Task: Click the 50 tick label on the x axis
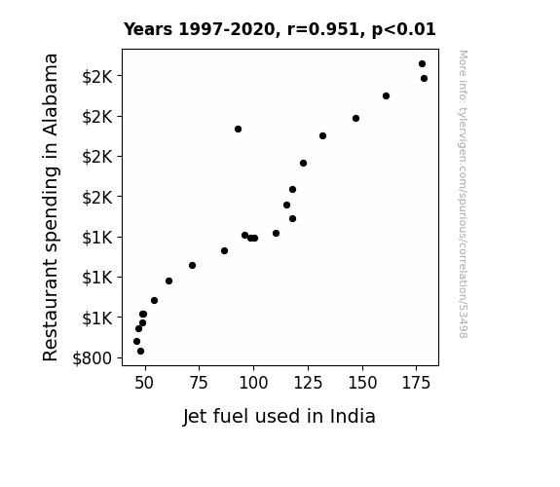coord(144,383)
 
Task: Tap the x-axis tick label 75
coord(199,383)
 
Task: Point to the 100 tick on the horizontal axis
coord(253,383)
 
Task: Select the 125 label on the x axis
coord(308,383)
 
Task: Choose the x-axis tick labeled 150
coord(362,383)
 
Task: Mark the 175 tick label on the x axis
coord(417,383)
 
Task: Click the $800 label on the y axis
coord(93,358)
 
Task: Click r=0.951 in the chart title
coord(323,29)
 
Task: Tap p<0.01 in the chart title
coord(404,30)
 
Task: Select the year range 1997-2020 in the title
coord(227,29)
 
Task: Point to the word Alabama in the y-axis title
coord(51,94)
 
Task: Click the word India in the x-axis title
coord(353,416)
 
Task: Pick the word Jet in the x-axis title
coord(195,417)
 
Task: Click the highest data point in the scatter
coord(422,64)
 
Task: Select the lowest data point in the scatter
coord(140,352)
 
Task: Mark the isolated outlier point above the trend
coord(239,129)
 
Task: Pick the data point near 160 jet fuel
coord(386,95)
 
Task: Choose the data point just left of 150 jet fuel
coord(355,118)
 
